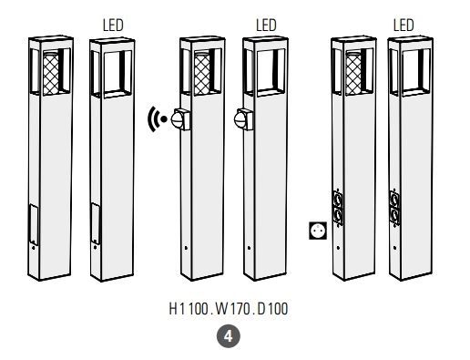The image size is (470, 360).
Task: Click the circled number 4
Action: pyautogui.click(x=228, y=336)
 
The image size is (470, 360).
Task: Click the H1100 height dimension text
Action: pyautogui.click(x=189, y=309)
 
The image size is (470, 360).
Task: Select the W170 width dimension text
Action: pyautogui.click(x=232, y=309)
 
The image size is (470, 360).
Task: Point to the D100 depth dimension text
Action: pyautogui.click(x=272, y=309)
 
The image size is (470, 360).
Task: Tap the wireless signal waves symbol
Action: pyautogui.click(x=157, y=119)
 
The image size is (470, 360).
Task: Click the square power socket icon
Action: pyautogui.click(x=318, y=231)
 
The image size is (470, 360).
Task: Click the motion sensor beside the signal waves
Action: pyautogui.click(x=180, y=119)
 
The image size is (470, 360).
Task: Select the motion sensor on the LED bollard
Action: pyautogui.click(x=244, y=119)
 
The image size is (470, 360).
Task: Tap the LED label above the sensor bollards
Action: pyautogui.click(x=266, y=26)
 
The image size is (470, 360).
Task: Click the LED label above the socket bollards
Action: pyautogui.click(x=404, y=26)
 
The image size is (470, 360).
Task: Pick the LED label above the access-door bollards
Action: pyautogui.click(x=113, y=26)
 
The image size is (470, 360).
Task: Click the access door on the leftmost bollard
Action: pyautogui.click(x=34, y=224)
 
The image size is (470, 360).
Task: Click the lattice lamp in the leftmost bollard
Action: pyautogui.click(x=51, y=73)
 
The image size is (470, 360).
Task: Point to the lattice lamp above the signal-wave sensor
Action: pyautogui.click(x=202, y=73)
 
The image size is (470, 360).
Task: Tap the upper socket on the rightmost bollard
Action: pyautogui.click(x=394, y=200)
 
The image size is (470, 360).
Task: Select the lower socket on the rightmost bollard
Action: pyautogui.click(x=394, y=216)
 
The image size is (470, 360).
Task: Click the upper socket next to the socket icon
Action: pyautogui.click(x=338, y=200)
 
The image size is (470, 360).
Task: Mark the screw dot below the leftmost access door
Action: pyautogui.click(x=33, y=248)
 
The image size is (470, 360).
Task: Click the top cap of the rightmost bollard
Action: pyautogui.click(x=411, y=39)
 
